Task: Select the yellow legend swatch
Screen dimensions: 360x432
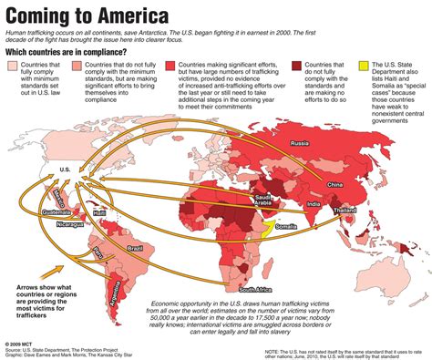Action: point(365,92)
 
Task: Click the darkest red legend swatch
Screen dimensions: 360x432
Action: point(297,92)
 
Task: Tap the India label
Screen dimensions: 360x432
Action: point(314,204)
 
